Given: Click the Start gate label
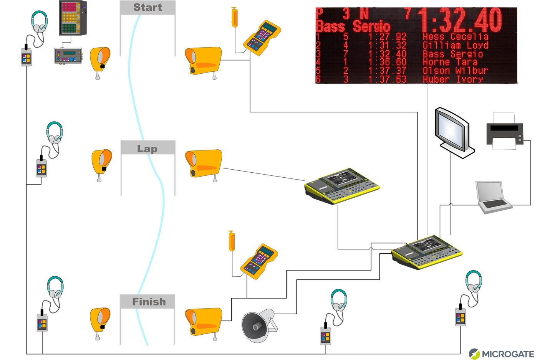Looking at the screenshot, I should pos(147,8).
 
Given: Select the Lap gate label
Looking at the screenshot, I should pos(147,149).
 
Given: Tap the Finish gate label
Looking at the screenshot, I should pos(149,302).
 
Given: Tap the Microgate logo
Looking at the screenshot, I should pos(501,353).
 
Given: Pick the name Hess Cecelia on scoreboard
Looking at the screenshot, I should pos(455,37).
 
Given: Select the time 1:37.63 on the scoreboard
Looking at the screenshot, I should pos(387,79).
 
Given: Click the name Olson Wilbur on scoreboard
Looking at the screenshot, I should pos(455,71).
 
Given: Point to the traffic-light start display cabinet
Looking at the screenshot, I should pos(73,18).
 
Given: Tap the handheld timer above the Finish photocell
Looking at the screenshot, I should pos(259,261).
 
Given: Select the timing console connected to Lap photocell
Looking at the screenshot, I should pos(342,185).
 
